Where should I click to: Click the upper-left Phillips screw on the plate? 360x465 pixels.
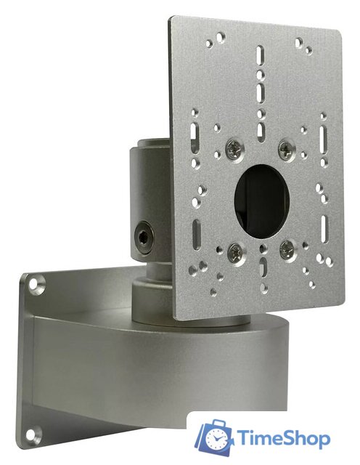tap(234, 149)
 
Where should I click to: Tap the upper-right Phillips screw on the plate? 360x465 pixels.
tap(286, 148)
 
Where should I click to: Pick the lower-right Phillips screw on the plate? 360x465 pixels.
tap(287, 248)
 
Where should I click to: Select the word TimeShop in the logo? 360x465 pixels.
tap(283, 438)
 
